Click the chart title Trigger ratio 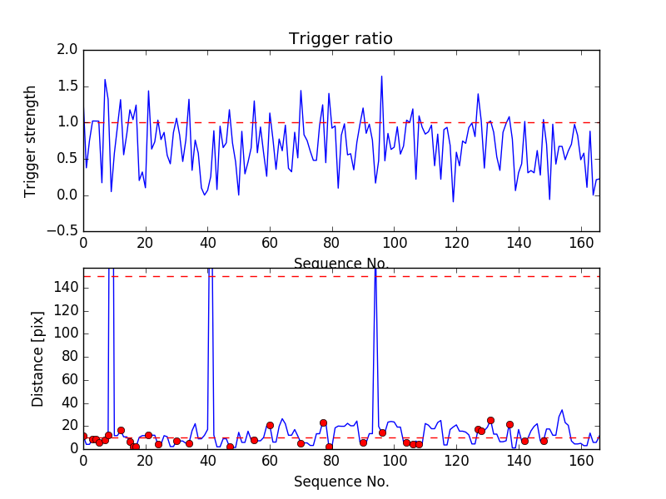340,39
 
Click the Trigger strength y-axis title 31,141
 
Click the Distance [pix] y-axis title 38,358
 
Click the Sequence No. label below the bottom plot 341,482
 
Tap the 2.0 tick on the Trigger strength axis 68,50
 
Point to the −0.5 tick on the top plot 63,231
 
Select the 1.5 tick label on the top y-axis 68,86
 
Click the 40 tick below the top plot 207,243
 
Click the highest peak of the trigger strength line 381,77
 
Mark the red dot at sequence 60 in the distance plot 270,425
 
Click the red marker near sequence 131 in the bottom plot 490,420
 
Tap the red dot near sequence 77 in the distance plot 323,422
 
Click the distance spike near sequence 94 375,274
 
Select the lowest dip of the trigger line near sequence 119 453,201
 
